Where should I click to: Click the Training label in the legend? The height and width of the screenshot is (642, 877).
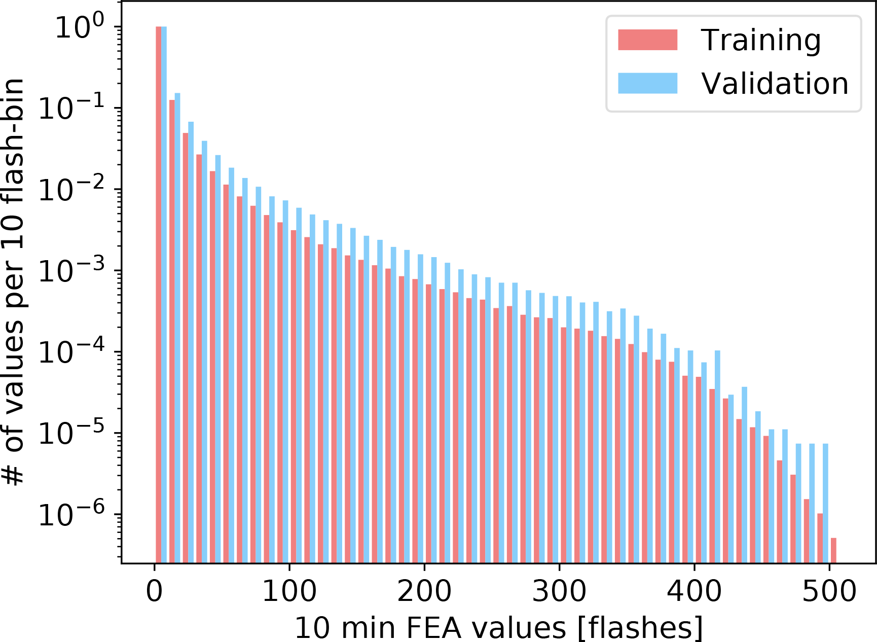[760, 41]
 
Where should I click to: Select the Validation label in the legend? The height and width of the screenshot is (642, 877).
[775, 84]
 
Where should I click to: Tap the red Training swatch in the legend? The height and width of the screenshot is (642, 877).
[647, 40]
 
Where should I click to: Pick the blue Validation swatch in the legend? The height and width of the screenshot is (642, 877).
[647, 83]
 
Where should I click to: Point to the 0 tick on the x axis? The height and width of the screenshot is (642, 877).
[155, 591]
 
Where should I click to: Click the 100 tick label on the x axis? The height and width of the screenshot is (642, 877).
[289, 591]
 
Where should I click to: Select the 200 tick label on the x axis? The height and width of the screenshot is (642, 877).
[424, 591]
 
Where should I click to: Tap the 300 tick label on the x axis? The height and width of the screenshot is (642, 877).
[559, 591]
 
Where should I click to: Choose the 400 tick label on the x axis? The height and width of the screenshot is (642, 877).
[694, 591]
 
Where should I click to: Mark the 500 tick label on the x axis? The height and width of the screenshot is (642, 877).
[829, 591]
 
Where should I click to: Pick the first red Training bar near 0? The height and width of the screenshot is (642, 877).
[158, 294]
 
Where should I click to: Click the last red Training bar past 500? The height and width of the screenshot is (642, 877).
[833, 550]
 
